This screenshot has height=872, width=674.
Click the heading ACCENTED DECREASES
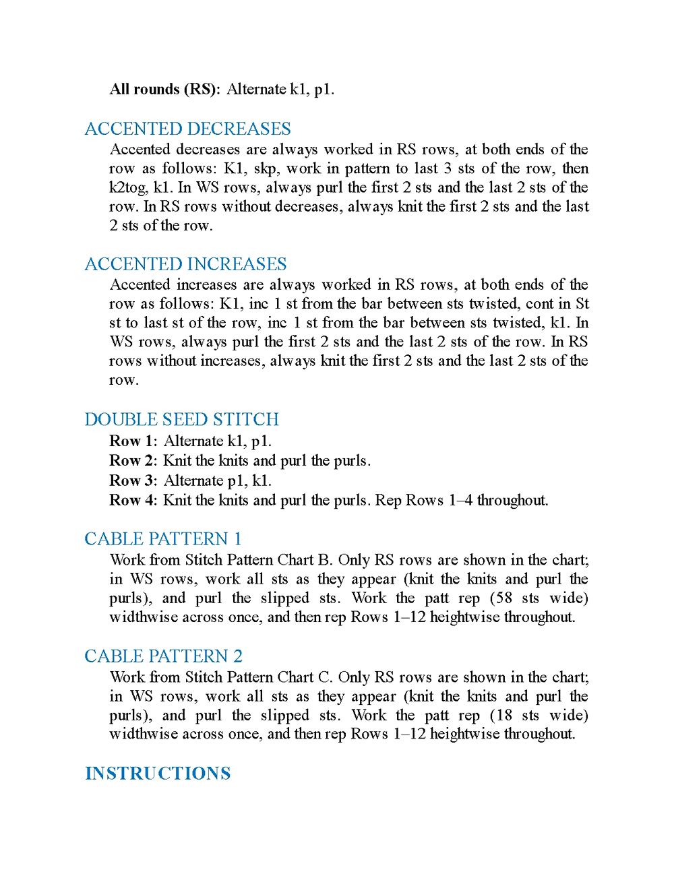pos(187,129)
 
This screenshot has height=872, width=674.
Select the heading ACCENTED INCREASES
pos(185,264)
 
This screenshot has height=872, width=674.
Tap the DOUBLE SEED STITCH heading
pos(181,419)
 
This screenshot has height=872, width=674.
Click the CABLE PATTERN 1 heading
pos(162,539)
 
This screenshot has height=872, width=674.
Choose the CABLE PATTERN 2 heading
pos(163,656)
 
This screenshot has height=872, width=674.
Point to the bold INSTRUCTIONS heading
pos(158,774)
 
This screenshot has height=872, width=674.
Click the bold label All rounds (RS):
pos(164,89)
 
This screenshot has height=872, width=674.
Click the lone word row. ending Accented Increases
pos(124,380)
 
